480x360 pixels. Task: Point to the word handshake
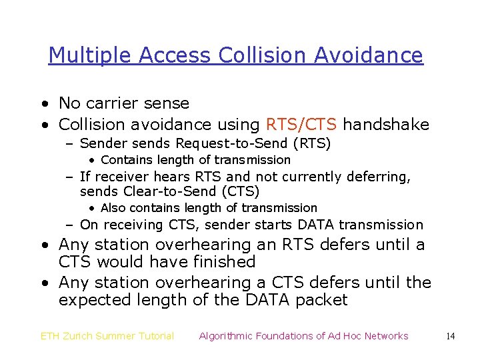(x=386, y=125)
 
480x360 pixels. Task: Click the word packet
(x=323, y=300)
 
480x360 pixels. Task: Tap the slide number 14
(x=451, y=336)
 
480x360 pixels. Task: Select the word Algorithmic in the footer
(x=229, y=336)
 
